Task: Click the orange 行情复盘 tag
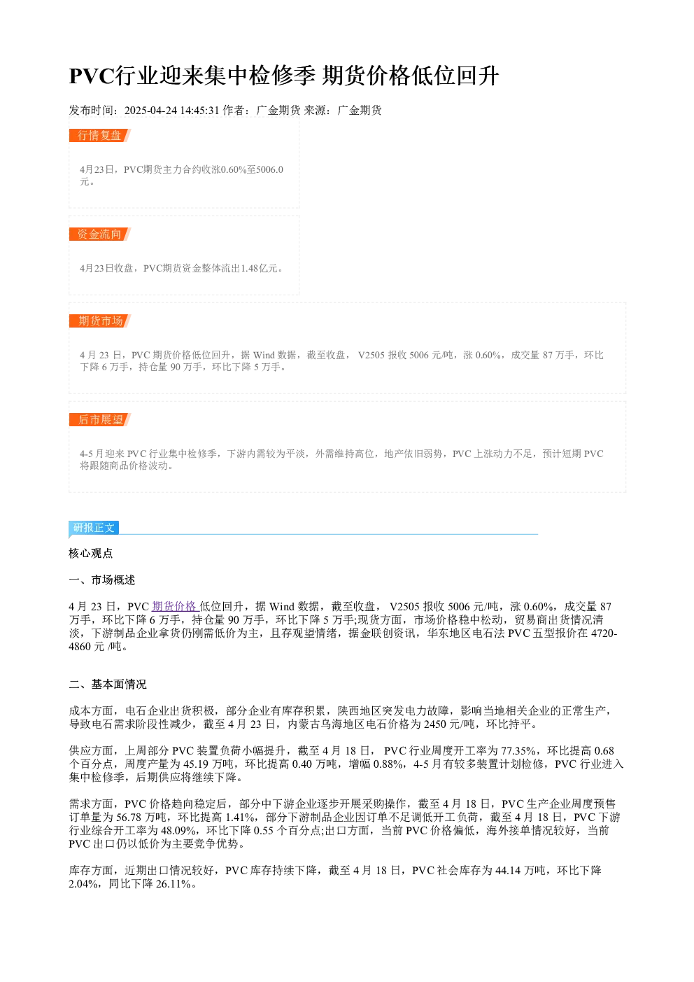[100, 136]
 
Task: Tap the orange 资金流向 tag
[100, 234]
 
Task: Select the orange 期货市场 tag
[100, 321]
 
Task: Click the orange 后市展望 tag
[100, 419]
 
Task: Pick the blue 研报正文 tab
[94, 528]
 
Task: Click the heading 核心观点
[91, 554]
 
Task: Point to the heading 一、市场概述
[102, 580]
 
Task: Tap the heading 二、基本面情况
[108, 685]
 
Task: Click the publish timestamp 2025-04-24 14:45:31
[171, 111]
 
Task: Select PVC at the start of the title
[92, 76]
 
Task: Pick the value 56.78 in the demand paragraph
[129, 818]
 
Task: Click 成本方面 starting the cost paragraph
[91, 711]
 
